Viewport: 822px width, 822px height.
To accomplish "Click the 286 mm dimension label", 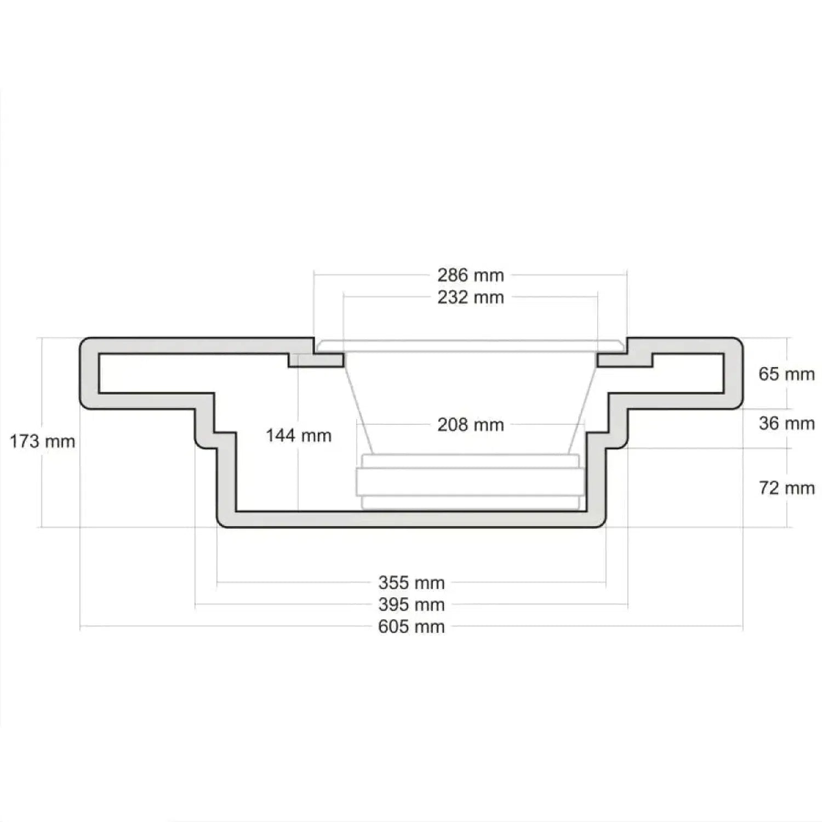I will tap(470, 275).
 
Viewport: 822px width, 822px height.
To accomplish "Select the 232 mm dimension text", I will tap(470, 298).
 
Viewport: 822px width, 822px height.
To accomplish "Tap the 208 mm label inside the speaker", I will tap(470, 425).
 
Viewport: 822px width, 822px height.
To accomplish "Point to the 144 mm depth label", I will tap(299, 436).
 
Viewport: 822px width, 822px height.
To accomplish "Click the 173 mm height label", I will tap(42, 441).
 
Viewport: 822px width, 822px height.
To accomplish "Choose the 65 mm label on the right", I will tap(786, 374).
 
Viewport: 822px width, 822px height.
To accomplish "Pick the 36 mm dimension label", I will tap(786, 423).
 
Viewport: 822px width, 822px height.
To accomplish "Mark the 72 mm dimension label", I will tap(786, 488).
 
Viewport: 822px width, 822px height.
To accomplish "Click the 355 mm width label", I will tap(411, 583).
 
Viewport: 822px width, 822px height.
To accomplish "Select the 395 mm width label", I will tap(411, 605).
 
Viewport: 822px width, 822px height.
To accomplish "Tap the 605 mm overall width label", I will tap(411, 626).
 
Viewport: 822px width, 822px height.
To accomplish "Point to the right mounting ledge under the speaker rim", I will tap(625, 360).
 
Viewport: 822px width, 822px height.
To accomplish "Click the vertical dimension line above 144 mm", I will tap(298, 395).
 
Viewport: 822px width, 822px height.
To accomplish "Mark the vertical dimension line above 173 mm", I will tap(42, 384).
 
